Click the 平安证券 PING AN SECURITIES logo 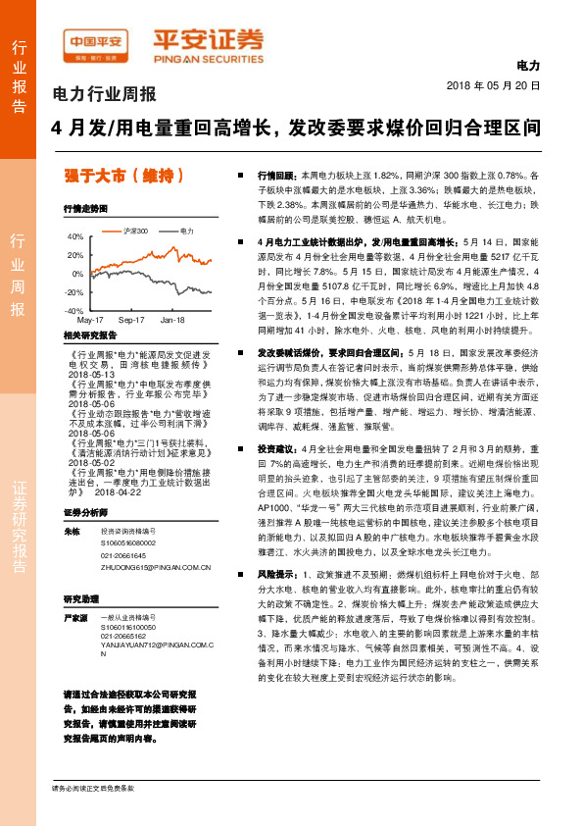[x=207, y=43]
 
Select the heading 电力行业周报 [x=104, y=95]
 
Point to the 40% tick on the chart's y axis [x=74, y=237]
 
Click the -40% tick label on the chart [x=73, y=310]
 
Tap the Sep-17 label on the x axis [x=131, y=321]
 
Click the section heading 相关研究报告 [x=90, y=335]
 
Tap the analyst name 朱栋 [x=71, y=531]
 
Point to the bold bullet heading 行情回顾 [x=276, y=173]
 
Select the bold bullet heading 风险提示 [x=276, y=571]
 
